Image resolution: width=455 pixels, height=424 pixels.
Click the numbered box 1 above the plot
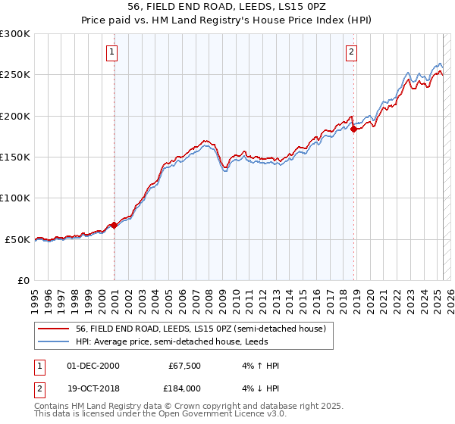(111, 52)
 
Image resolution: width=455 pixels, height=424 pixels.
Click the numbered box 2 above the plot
(352, 52)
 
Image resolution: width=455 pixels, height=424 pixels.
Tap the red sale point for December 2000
(115, 225)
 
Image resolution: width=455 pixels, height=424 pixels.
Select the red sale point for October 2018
(354, 129)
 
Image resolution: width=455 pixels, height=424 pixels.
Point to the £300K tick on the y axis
(15, 34)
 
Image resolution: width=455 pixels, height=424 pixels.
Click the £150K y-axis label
(15, 157)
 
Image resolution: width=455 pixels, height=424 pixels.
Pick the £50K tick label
(18, 239)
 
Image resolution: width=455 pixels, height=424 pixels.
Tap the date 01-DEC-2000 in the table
(93, 366)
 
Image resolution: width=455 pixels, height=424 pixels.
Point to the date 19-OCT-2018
(93, 388)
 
